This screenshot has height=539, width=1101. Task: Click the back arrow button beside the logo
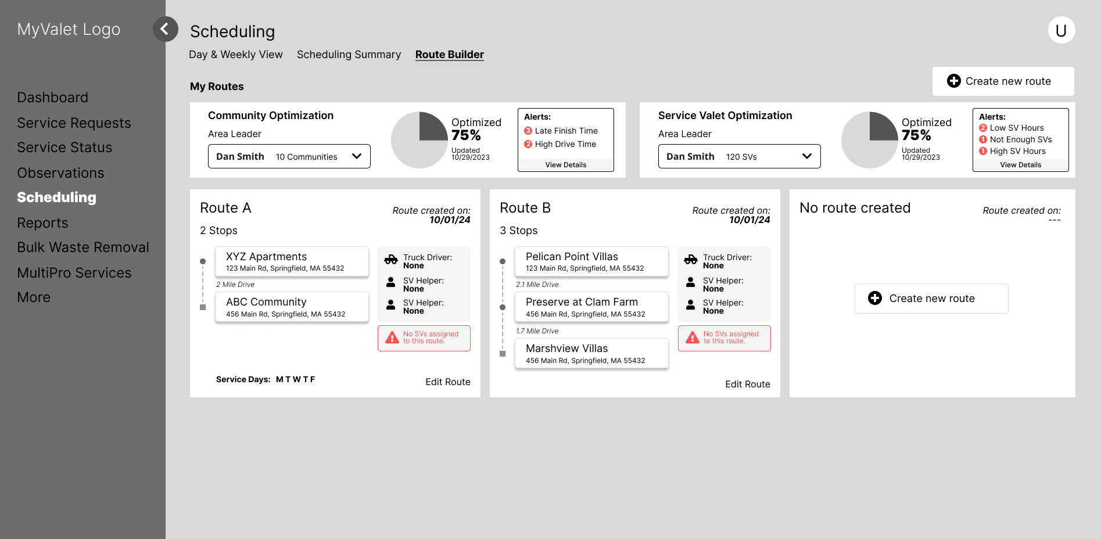point(165,29)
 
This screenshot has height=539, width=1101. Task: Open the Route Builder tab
point(449,55)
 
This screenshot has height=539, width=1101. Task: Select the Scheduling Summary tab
point(349,55)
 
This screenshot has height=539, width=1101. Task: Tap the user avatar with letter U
point(1061,30)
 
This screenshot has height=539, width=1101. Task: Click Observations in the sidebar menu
point(60,173)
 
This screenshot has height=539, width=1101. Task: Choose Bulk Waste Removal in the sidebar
point(83,247)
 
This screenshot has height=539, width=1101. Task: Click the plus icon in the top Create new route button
point(953,81)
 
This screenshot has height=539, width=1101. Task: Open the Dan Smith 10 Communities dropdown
point(289,156)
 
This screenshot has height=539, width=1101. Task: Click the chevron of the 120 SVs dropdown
point(806,156)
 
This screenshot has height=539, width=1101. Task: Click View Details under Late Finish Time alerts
point(565,165)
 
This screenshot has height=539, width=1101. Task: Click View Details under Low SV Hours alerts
point(1020,165)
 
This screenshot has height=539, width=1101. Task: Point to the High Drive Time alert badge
point(528,144)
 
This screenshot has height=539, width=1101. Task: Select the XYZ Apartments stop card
point(292,261)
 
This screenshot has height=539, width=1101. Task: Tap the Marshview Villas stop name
point(566,348)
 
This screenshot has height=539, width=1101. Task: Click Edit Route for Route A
point(447,382)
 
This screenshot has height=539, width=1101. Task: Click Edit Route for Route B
point(747,384)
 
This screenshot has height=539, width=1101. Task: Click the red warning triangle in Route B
point(692,337)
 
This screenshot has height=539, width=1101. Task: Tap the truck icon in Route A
point(391,260)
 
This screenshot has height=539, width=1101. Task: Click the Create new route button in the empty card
point(931,299)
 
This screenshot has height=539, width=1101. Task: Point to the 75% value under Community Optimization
point(466,135)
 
